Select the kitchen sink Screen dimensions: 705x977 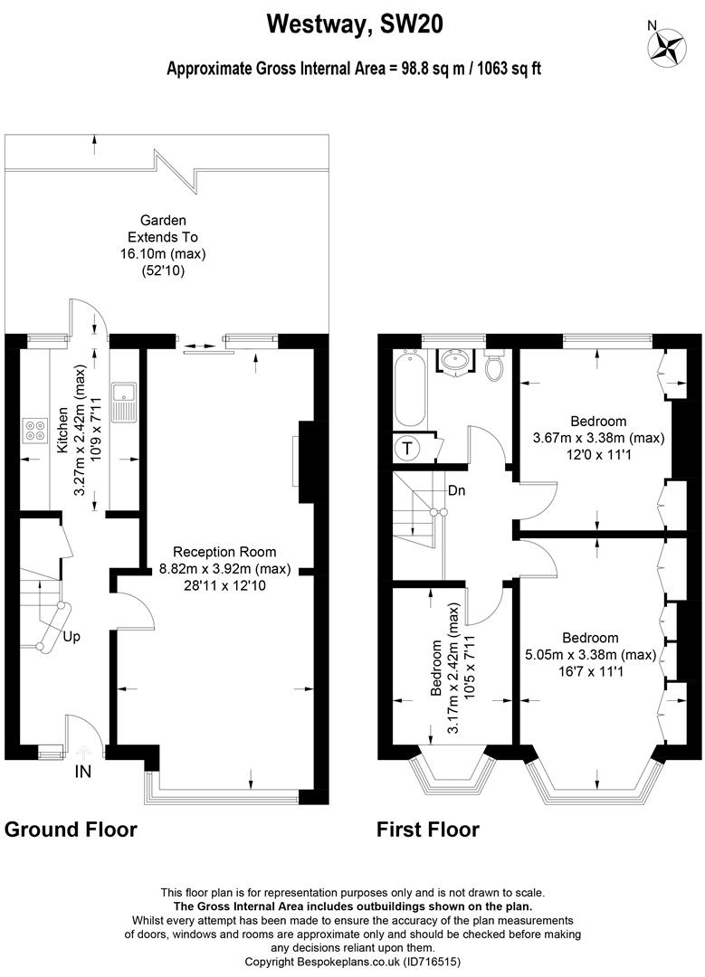123,402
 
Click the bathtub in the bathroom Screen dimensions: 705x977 410,389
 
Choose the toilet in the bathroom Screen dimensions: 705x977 495,366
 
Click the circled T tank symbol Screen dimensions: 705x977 407,448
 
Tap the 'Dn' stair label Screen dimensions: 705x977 457,490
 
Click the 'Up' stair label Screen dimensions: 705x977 71,638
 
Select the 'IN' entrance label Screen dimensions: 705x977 83,772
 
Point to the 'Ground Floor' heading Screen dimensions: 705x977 71,830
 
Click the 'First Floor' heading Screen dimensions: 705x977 427,830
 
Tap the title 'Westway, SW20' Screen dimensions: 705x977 355,24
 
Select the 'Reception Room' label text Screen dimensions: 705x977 224,552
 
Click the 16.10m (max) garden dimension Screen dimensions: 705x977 163,253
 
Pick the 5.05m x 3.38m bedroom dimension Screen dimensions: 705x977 590,654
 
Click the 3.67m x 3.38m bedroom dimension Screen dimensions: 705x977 598,438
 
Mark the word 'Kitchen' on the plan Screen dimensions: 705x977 62,430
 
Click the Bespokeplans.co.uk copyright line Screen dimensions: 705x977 353,962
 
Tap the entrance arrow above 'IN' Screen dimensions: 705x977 83,752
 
